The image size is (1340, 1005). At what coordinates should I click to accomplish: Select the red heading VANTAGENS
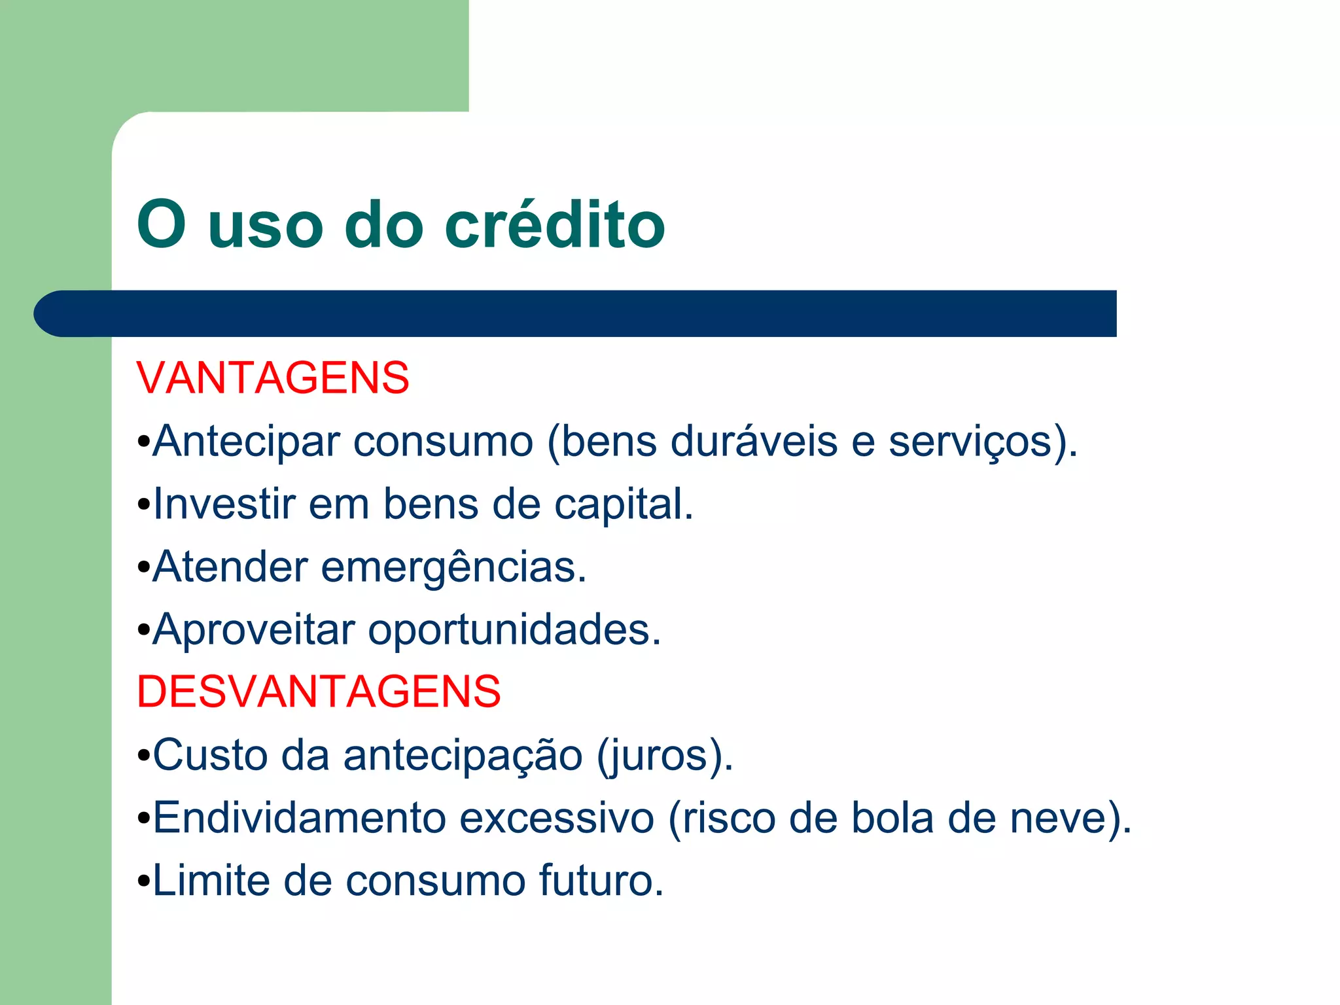273,378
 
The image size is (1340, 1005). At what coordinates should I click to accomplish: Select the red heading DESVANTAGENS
319,692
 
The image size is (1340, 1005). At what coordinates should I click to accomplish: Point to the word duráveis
754,441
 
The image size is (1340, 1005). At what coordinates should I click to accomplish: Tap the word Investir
224,504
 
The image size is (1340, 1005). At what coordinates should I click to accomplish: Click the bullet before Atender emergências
144,568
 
